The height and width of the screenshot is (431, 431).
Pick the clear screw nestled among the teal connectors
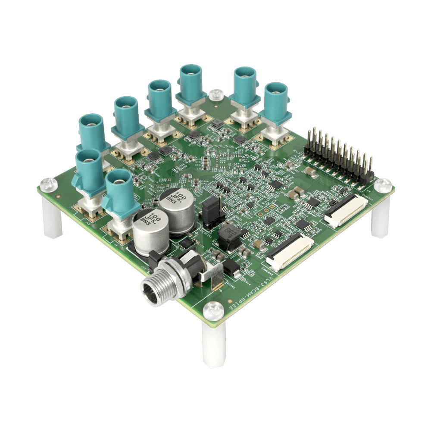click(215, 94)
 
